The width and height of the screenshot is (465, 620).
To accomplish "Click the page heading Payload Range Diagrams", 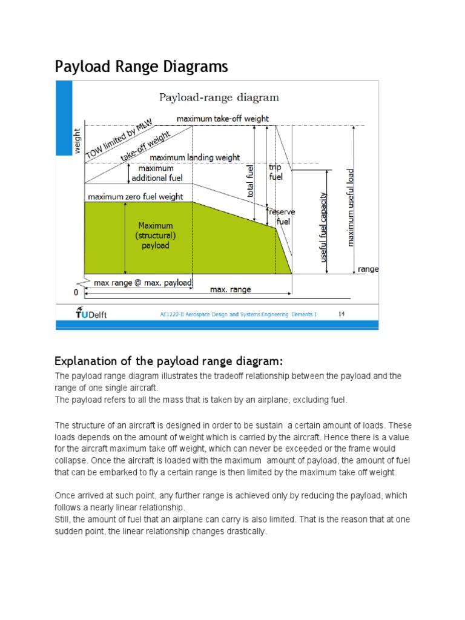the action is pos(141,66).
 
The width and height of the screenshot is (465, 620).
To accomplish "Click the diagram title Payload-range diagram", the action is pos(219,97).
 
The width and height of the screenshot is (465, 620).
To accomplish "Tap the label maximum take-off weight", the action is pos(222,119).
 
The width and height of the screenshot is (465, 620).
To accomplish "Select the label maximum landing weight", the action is pos(194,157).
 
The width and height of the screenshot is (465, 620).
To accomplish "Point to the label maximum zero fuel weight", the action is pos(136,197).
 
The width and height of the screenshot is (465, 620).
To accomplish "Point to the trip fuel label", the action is pos(275,171).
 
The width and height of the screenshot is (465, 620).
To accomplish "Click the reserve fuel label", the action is pos(282,216).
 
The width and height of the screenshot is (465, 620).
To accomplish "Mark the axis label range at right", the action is pos(368,269).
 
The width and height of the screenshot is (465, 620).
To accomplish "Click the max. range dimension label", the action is pos(230,289).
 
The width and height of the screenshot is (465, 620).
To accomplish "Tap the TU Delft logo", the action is pos(91,312).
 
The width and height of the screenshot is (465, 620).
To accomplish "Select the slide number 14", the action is pos(341,314).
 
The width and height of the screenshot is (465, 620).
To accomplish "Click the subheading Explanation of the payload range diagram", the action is pos(168,361).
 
